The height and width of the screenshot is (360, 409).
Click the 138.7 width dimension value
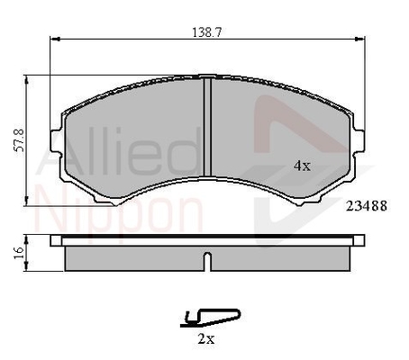pos(207,32)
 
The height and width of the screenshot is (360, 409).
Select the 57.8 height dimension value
pos(20,140)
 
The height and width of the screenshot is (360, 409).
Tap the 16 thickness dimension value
pos(19,253)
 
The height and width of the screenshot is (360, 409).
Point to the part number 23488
pos(367,206)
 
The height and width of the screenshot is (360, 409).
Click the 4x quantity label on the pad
pos(302,166)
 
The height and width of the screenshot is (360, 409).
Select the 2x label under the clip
pos(206,339)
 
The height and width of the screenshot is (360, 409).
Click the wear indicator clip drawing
pos(210,318)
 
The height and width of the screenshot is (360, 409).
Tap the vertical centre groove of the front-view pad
pos(207,127)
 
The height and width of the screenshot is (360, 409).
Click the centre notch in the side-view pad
pos(207,262)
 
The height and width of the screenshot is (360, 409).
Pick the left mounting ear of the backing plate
pos(56,141)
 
